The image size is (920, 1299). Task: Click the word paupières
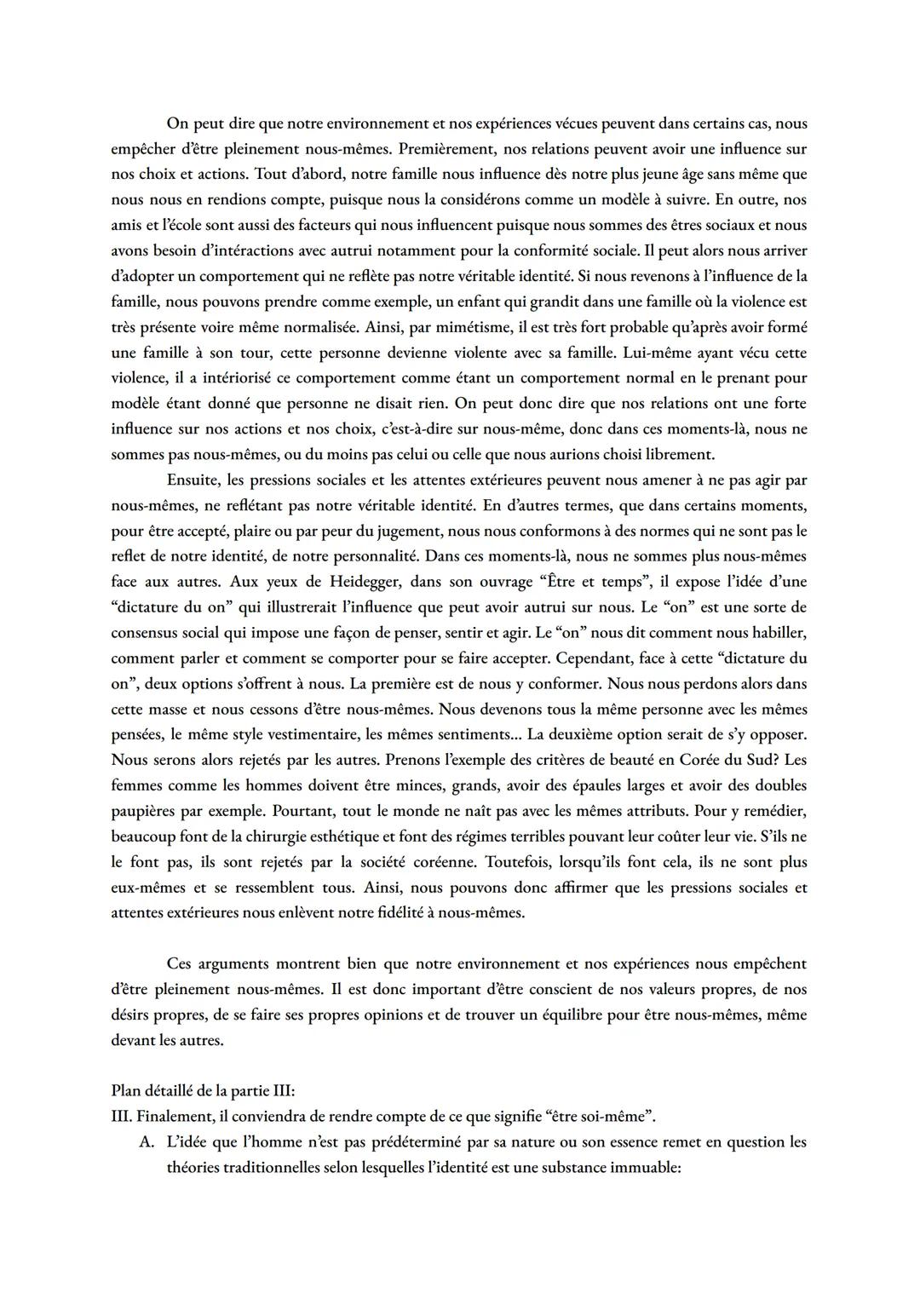coord(147,811)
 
